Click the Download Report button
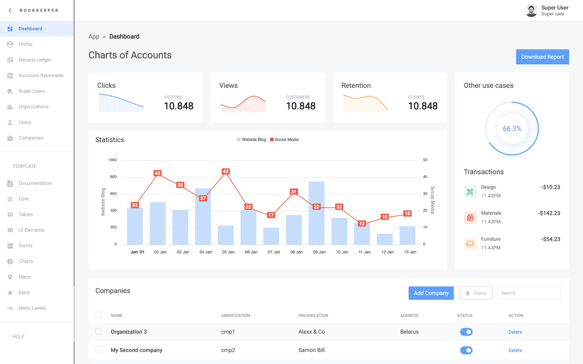(x=542, y=57)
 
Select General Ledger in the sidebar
(x=35, y=60)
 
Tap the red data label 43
(x=226, y=172)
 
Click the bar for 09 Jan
(x=316, y=212)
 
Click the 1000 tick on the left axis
(x=112, y=160)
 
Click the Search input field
(x=528, y=293)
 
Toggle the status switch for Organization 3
(x=466, y=332)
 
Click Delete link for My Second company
(x=515, y=350)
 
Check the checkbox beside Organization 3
(x=98, y=331)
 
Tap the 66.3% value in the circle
(x=512, y=129)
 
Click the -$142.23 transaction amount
(x=548, y=213)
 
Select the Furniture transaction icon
(x=470, y=244)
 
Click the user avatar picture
(x=531, y=10)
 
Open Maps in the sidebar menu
(x=25, y=277)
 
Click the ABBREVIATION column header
(x=235, y=315)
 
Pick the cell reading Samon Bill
(x=311, y=350)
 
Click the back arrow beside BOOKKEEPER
(x=10, y=10)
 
